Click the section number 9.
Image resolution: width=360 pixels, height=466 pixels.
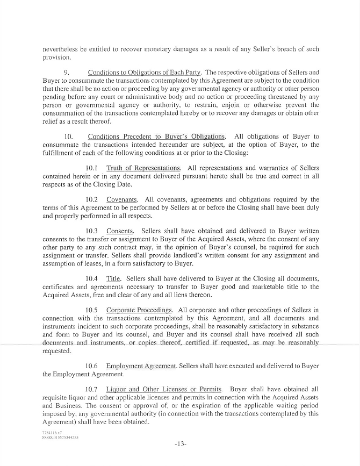(x=67, y=72)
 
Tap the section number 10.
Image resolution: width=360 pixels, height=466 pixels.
(x=68, y=137)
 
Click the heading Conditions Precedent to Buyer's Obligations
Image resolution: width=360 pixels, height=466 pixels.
(x=156, y=137)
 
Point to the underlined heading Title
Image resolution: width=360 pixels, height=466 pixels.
(x=113, y=278)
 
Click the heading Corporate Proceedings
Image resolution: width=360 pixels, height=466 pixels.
(x=139, y=310)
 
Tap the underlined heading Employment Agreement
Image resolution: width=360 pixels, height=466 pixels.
(x=141, y=366)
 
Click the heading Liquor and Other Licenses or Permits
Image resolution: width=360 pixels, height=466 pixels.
(x=164, y=389)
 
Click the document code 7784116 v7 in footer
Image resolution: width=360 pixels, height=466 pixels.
(x=52, y=432)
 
